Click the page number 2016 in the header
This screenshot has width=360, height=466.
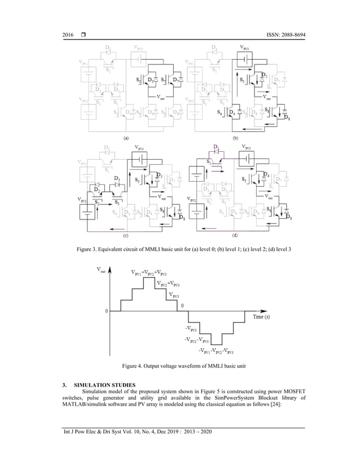coord(68,36)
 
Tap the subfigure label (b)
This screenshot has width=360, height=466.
coord(236,137)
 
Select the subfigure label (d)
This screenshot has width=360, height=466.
coord(236,238)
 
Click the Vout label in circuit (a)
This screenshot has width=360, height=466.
coord(162,96)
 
